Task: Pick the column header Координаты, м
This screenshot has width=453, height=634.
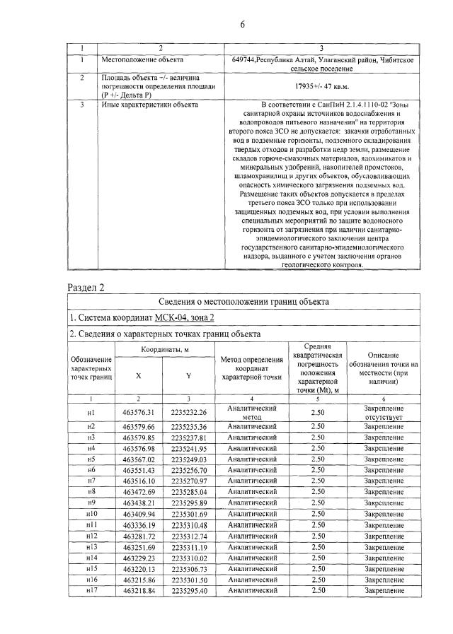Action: point(164,350)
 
